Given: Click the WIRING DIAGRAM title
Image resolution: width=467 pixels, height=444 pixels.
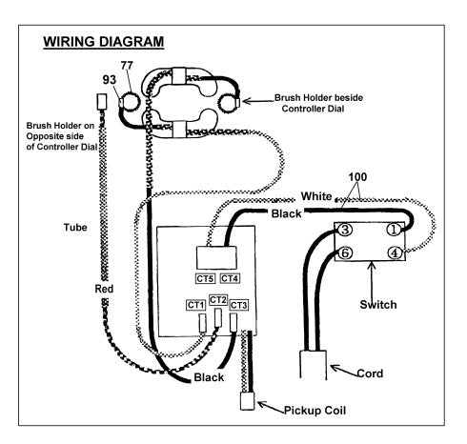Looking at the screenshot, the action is pyautogui.click(x=104, y=42).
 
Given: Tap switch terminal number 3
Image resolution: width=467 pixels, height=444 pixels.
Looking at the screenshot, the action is pyautogui.click(x=345, y=230).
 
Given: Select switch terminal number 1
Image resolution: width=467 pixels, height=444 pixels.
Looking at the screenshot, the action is pyautogui.click(x=394, y=230).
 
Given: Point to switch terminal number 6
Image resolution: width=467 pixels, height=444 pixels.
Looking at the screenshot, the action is pyautogui.click(x=345, y=252).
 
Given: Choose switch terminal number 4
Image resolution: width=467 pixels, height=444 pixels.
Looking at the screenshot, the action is pyautogui.click(x=395, y=253).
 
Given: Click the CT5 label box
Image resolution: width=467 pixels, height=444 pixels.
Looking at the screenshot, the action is pyautogui.click(x=205, y=278).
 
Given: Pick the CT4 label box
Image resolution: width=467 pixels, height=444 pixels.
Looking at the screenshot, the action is pyautogui.click(x=230, y=278).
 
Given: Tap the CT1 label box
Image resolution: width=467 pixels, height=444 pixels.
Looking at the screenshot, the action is pyautogui.click(x=195, y=305).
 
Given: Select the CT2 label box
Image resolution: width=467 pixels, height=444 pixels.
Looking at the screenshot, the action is pyautogui.click(x=218, y=300).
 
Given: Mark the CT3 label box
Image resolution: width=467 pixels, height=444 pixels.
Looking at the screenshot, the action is pyautogui.click(x=238, y=305).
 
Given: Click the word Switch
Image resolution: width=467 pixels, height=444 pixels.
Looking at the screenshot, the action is pyautogui.click(x=378, y=305).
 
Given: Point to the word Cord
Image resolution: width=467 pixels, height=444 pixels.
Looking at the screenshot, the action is pyautogui.click(x=370, y=373).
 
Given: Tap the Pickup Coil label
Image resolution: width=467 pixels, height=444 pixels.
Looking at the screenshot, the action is pyautogui.click(x=315, y=411).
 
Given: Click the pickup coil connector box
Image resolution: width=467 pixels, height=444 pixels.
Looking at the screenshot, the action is pyautogui.click(x=247, y=401).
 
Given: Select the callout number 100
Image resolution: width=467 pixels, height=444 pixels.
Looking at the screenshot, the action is pyautogui.click(x=357, y=177).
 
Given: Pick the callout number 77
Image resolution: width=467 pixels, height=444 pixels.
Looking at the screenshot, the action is pyautogui.click(x=127, y=66).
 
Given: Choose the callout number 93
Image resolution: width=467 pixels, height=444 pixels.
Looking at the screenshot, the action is pyautogui.click(x=110, y=80).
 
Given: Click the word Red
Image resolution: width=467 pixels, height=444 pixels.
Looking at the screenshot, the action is pyautogui.click(x=104, y=289).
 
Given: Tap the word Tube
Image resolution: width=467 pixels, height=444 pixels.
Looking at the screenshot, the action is pyautogui.click(x=75, y=227).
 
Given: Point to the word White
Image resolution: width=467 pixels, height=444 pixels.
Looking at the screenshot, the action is pyautogui.click(x=316, y=196).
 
